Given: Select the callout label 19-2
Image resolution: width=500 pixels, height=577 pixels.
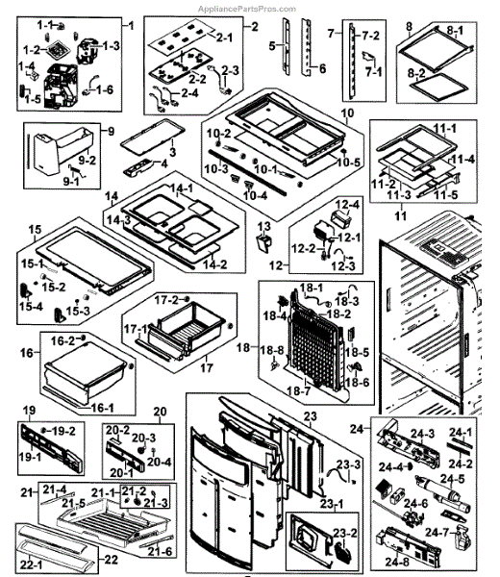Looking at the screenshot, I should pyautogui.click(x=64, y=431).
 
